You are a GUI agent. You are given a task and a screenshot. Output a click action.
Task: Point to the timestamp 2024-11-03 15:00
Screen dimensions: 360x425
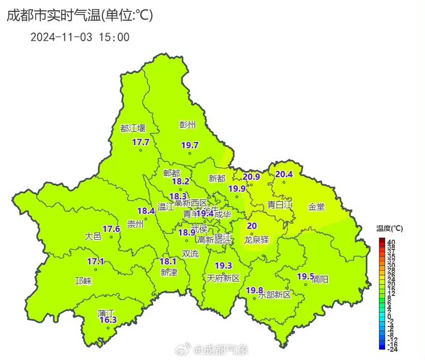click(x=80, y=37)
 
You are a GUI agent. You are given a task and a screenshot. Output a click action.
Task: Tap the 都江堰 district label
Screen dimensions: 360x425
click(x=133, y=129)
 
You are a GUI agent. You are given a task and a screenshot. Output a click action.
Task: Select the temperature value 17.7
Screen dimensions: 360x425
click(x=141, y=142)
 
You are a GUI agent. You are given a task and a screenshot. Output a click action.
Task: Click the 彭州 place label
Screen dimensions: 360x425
click(x=188, y=124)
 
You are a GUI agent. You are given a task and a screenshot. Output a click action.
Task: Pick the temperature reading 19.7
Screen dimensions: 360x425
click(x=190, y=145)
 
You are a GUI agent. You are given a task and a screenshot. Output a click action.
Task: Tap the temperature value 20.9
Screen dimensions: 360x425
click(x=251, y=177)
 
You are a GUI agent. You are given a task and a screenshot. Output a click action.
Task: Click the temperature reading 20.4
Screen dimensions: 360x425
click(x=284, y=174)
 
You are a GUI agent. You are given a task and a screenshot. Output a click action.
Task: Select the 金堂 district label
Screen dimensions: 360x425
click(x=316, y=207)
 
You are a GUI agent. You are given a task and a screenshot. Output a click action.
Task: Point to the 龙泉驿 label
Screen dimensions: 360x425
click(x=256, y=240)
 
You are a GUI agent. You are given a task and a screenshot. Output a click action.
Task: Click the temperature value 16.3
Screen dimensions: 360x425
click(x=108, y=320)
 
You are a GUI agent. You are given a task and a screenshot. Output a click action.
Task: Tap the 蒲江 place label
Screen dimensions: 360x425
click(x=106, y=313)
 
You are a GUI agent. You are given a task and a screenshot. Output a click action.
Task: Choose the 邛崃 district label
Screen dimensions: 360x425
click(x=83, y=281)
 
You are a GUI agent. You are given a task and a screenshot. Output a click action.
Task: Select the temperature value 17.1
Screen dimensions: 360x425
click(x=95, y=261)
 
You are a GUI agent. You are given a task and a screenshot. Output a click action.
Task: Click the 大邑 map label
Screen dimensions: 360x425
click(x=93, y=236)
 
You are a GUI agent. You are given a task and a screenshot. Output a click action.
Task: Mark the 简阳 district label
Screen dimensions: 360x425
click(x=320, y=279)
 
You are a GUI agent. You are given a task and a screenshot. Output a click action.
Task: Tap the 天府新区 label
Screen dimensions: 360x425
click(x=223, y=278)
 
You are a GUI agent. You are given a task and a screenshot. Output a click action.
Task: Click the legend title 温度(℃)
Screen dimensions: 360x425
click(x=389, y=228)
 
